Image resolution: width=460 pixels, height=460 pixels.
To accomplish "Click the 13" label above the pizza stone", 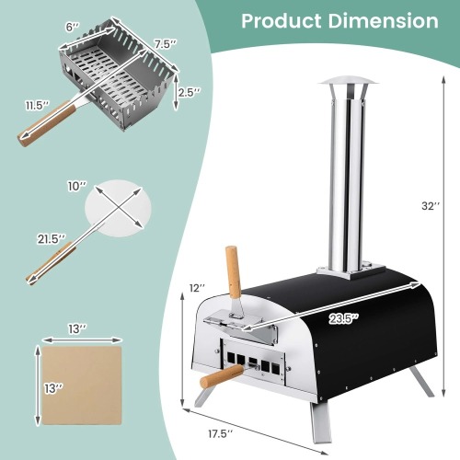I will pyautogui.click(x=76, y=328).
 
